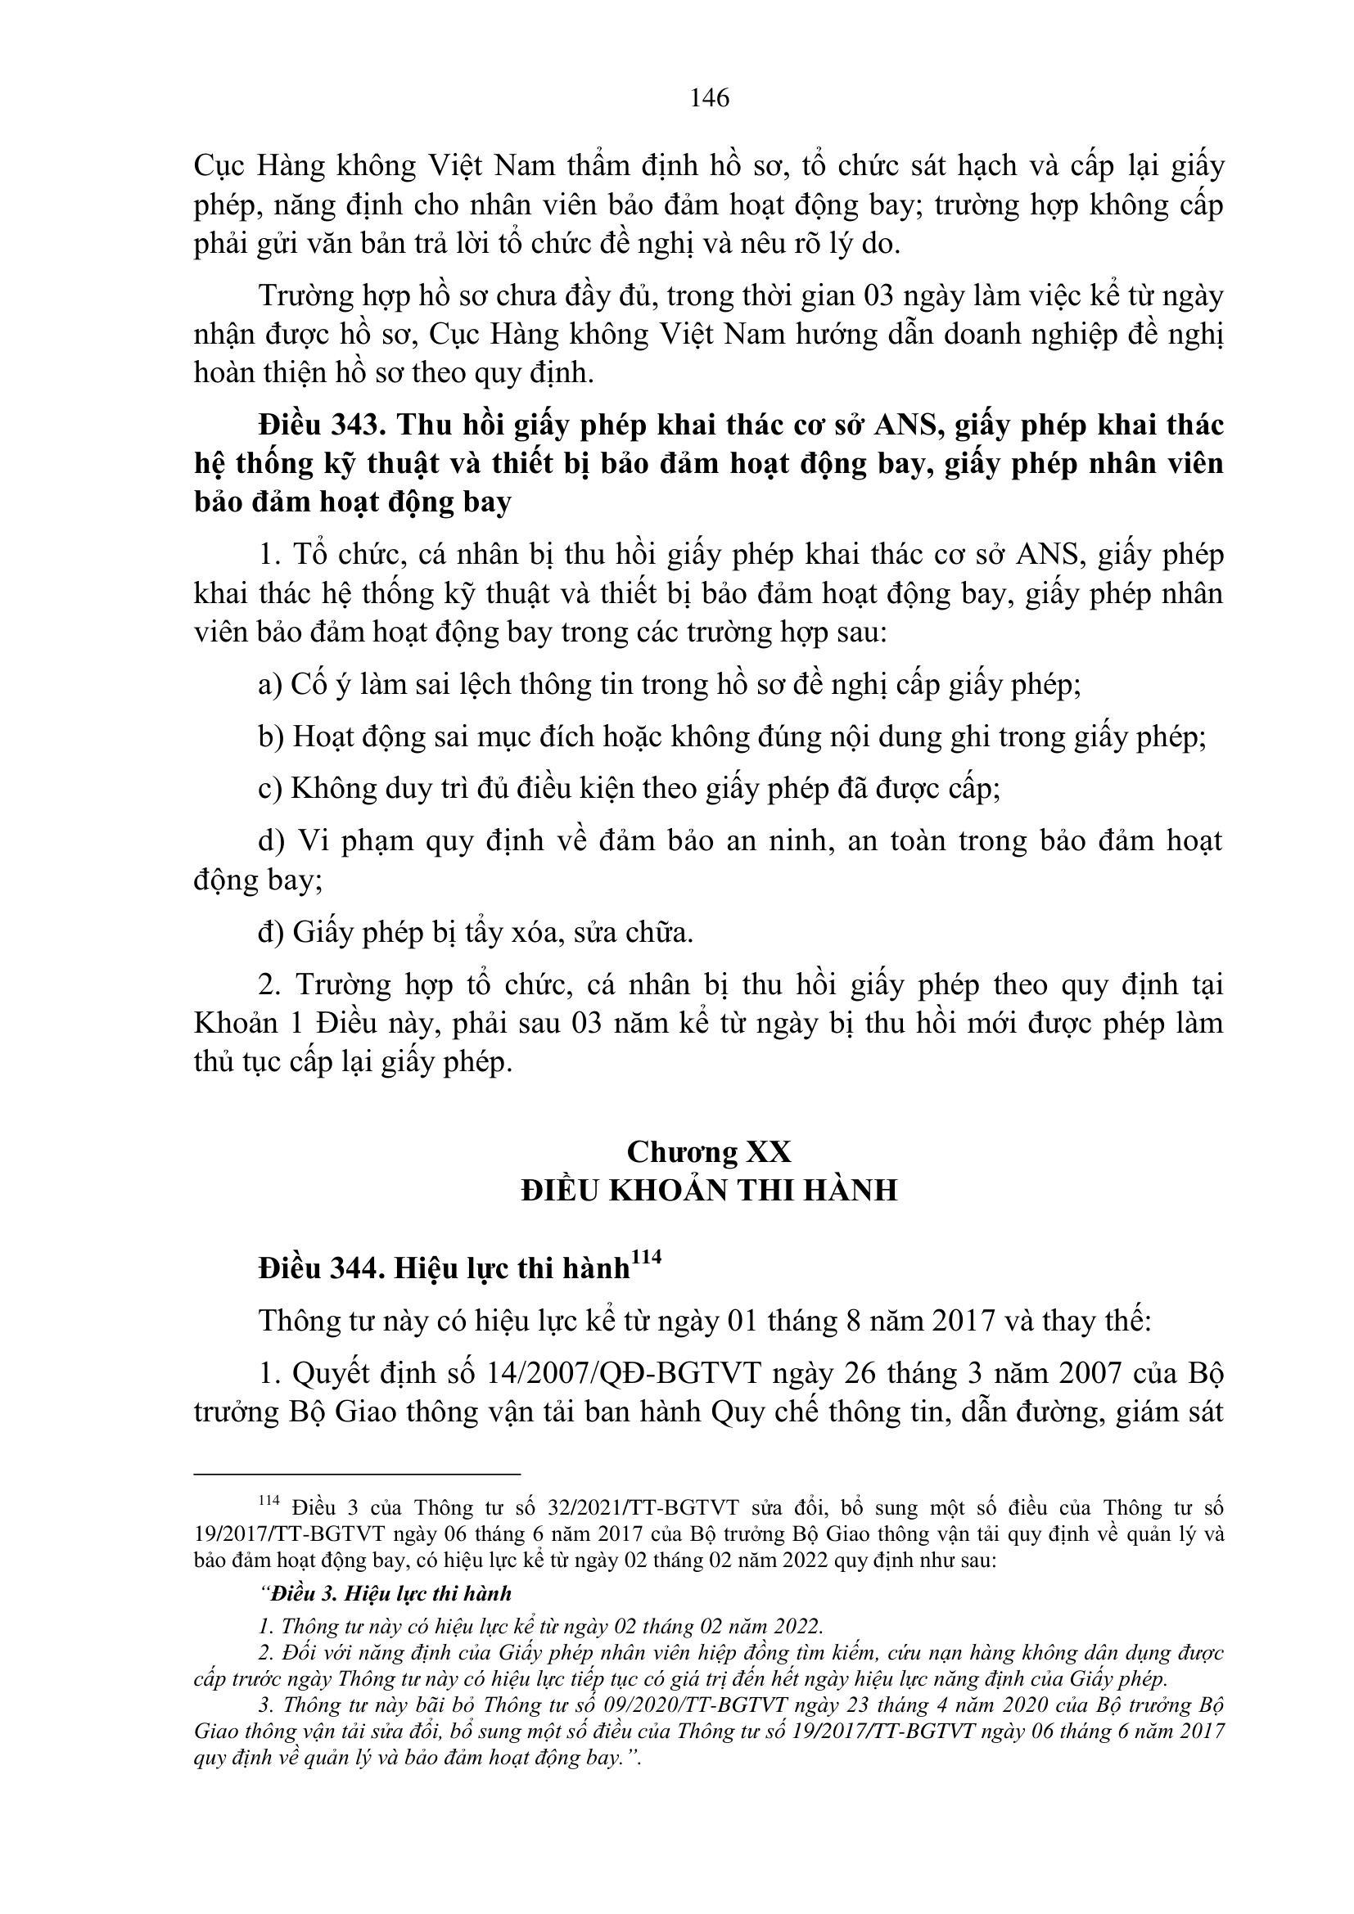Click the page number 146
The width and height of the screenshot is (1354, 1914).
[x=710, y=98]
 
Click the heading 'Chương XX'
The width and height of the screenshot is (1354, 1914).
[x=709, y=1151]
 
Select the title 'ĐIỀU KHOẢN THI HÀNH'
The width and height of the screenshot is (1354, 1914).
[x=709, y=1190]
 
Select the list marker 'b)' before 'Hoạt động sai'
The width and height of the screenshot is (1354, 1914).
[x=271, y=737]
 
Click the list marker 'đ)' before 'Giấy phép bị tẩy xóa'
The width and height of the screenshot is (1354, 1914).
[x=271, y=932]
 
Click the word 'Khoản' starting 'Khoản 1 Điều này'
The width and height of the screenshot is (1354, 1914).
[x=228, y=1023]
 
